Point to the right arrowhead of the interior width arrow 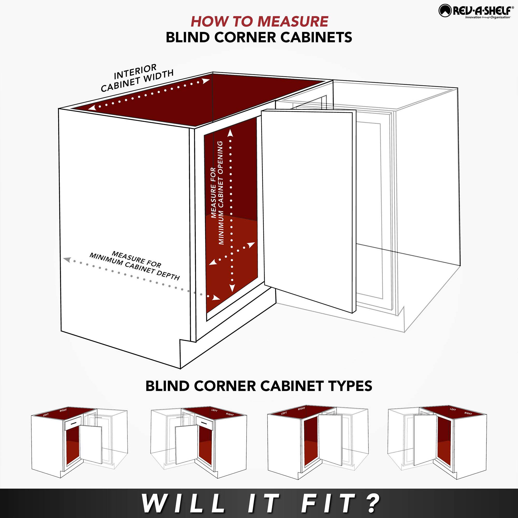(x=206, y=81)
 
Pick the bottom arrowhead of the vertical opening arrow (x=232, y=288)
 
